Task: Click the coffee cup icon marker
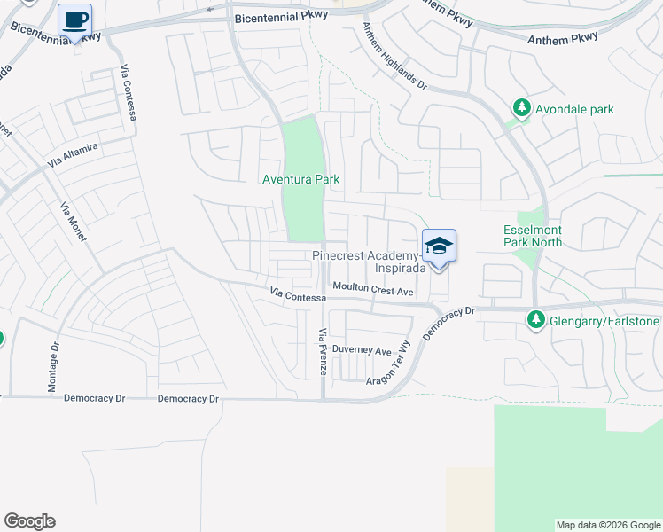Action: (x=75, y=19)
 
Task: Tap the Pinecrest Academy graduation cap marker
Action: (x=439, y=246)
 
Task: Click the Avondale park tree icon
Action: (x=522, y=109)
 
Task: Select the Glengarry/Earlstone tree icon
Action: (x=535, y=319)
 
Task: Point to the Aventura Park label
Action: (x=301, y=179)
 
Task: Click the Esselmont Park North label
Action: (x=533, y=235)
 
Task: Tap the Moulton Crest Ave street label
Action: (x=373, y=289)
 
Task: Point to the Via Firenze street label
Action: (x=324, y=352)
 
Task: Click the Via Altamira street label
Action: (x=72, y=154)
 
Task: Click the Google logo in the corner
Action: (x=29, y=521)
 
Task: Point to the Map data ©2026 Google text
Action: (x=608, y=525)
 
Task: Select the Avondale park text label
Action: (x=573, y=109)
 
